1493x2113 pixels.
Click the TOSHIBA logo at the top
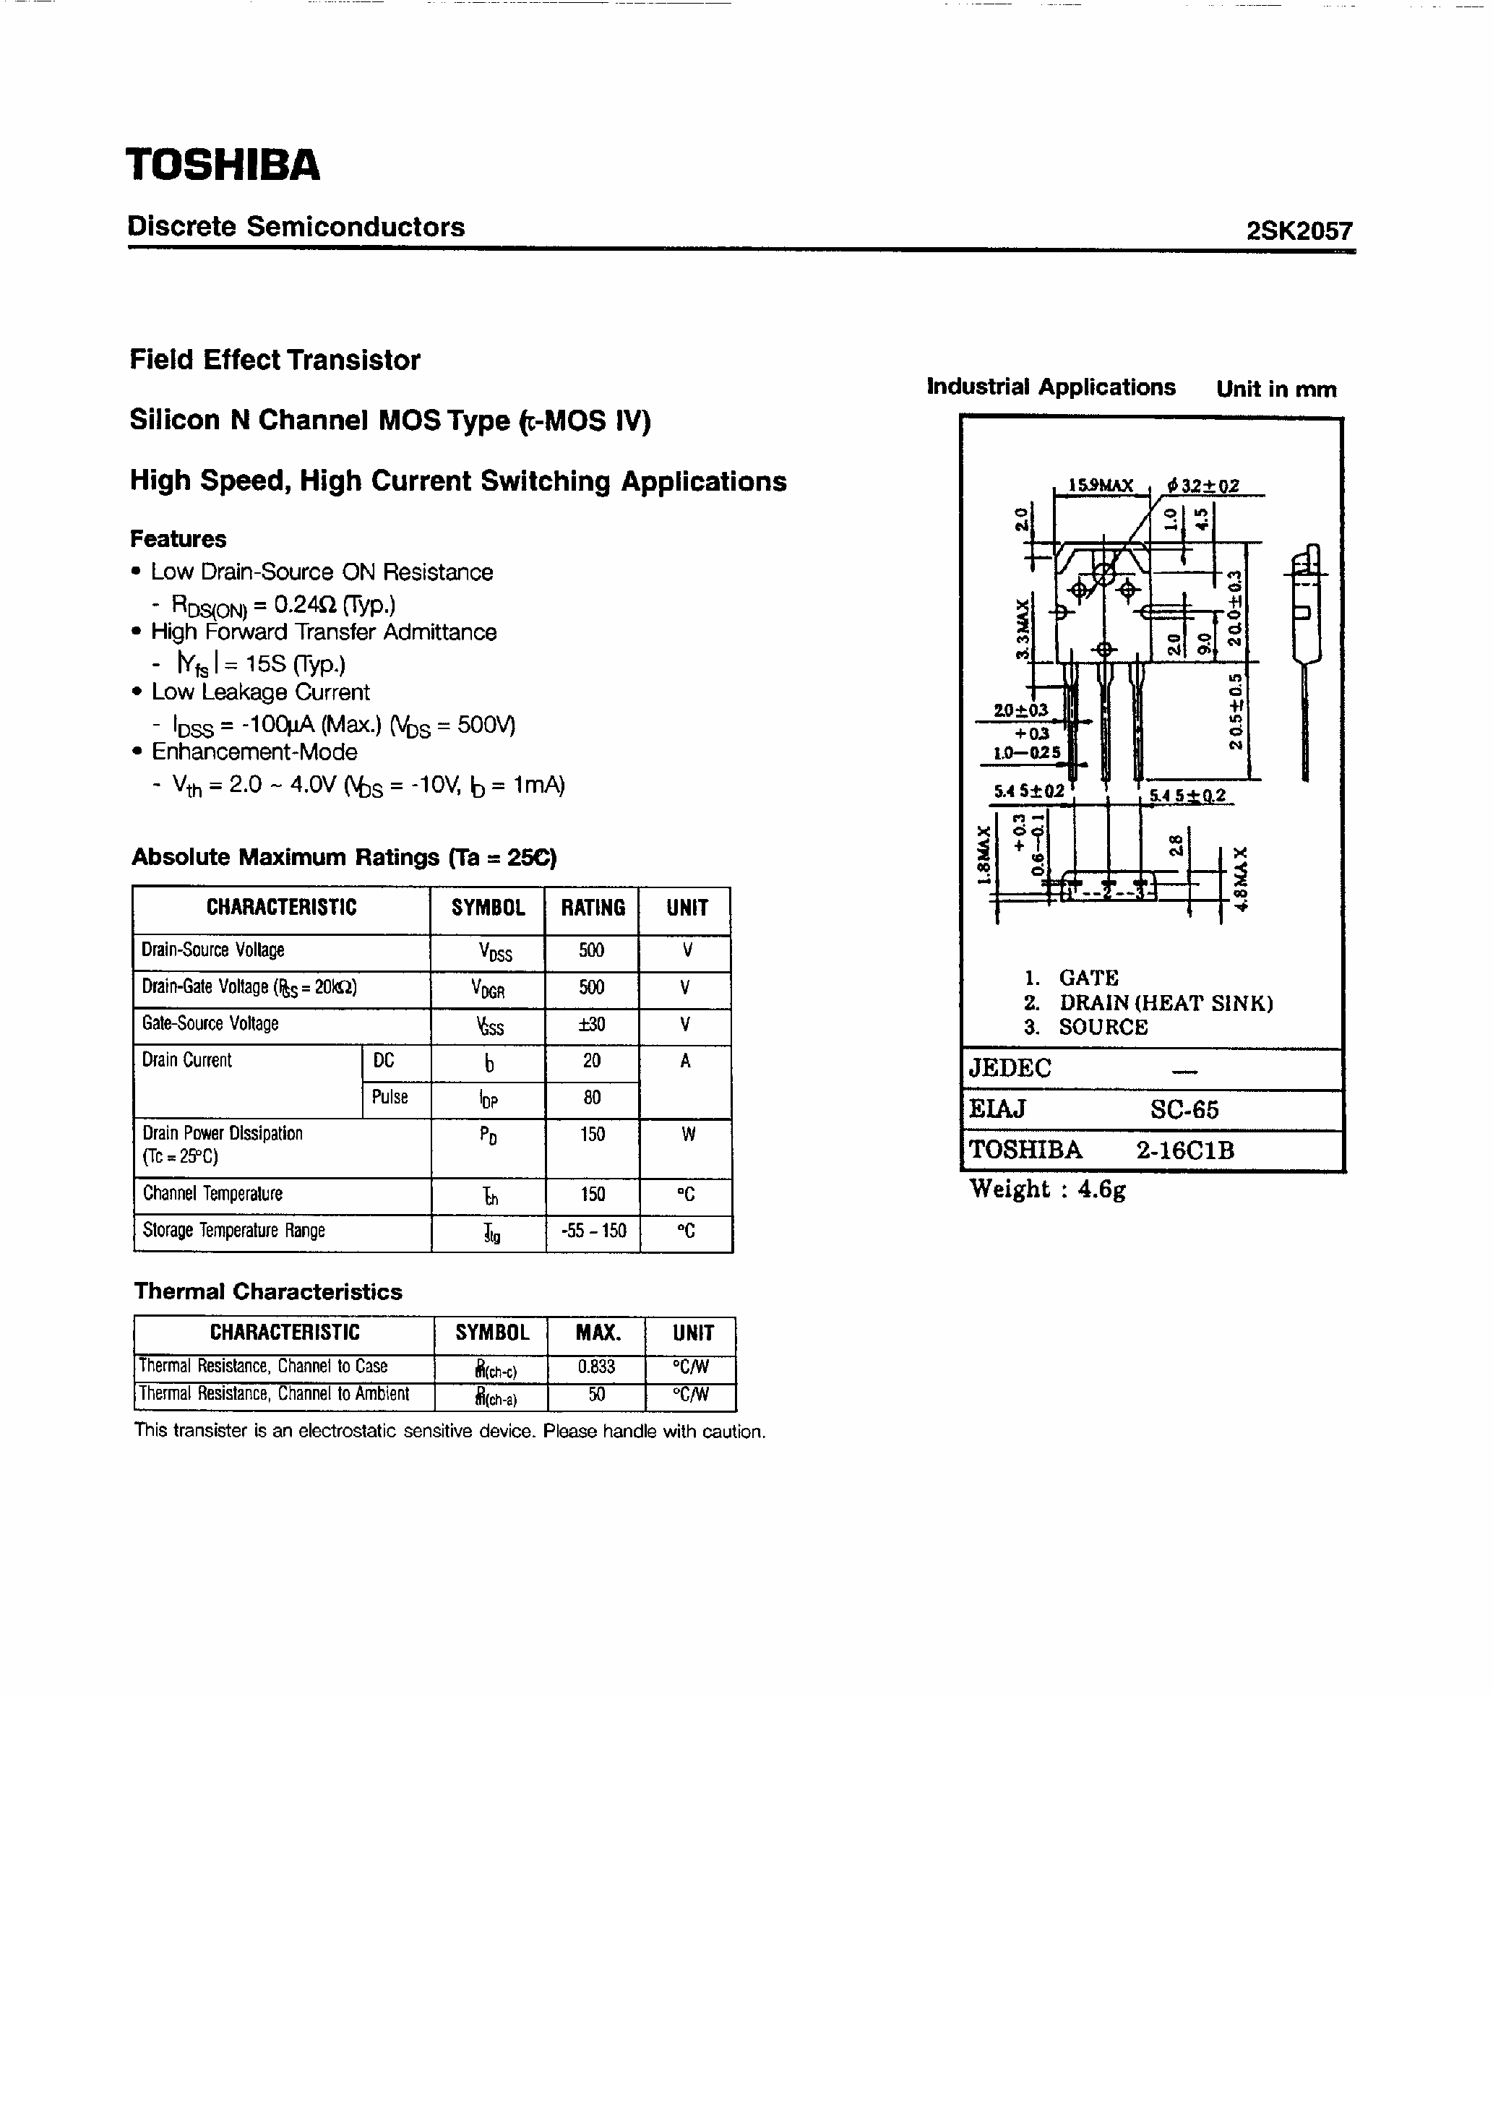223,165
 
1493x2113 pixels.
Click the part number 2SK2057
1299,231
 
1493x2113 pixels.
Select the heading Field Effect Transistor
275,360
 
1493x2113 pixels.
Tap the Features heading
178,538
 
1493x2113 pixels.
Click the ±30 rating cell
591,1024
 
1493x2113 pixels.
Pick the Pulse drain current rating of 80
591,1097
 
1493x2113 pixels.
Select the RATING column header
592,908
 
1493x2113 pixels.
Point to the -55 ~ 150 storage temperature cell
592,1231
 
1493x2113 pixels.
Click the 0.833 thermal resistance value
595,1367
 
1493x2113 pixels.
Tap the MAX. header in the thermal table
598,1333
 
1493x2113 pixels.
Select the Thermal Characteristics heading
268,1291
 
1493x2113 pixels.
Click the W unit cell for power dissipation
687,1135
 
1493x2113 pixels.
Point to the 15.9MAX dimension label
1100,485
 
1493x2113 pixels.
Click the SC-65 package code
1184,1110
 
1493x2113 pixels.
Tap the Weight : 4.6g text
1048,1189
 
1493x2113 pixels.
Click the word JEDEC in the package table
1009,1069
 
